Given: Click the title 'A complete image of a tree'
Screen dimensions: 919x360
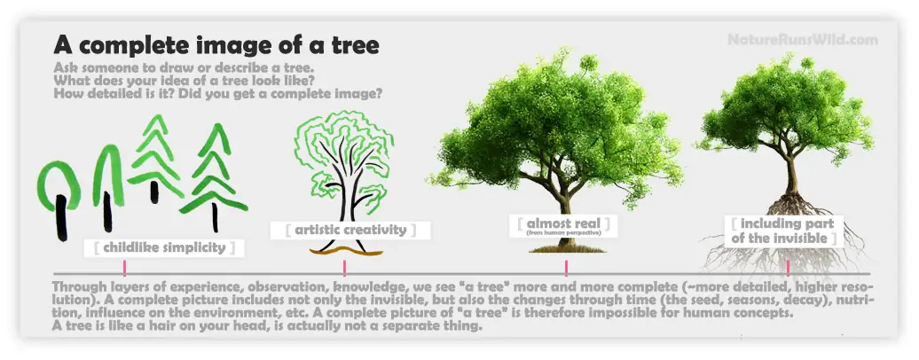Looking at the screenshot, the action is click(216, 45).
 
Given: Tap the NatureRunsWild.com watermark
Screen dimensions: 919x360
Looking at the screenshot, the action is click(803, 40).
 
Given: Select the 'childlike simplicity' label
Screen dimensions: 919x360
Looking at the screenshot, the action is click(164, 247).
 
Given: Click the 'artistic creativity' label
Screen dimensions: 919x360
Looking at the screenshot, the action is click(350, 230).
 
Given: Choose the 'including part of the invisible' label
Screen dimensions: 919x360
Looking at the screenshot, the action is click(787, 231).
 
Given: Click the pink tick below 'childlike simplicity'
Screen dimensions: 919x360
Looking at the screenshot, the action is click(125, 268).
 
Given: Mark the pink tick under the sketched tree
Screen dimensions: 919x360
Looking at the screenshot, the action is click(344, 268).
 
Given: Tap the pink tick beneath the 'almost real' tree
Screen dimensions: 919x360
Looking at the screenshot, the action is click(566, 268).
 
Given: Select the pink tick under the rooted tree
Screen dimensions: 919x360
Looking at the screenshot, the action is click(788, 268).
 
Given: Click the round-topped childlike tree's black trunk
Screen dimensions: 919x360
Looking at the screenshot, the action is click(61, 217).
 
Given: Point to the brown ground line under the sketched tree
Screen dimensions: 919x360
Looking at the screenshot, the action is click(346, 252).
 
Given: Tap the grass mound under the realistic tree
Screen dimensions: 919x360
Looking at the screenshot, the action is click(566, 248).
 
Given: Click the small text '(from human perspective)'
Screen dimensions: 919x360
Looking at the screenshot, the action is click(564, 233).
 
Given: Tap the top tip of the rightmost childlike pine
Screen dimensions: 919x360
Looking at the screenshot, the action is click(219, 125).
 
